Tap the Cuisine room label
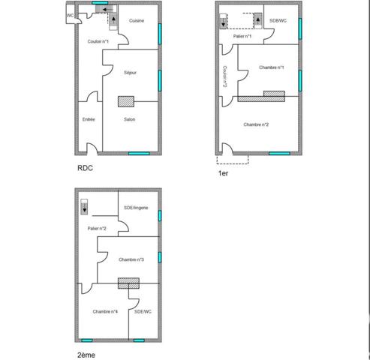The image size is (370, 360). [x=137, y=20]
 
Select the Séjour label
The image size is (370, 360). [x=130, y=73]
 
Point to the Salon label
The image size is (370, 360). [x=130, y=118]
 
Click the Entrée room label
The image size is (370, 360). [x=89, y=118]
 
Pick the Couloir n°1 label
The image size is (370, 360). [x=98, y=41]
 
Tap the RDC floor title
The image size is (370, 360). [x=85, y=169]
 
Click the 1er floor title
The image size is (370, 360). [x=223, y=173]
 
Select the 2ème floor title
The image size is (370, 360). [x=86, y=355]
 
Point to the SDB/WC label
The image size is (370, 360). [x=278, y=20]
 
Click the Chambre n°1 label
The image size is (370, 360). [x=271, y=67]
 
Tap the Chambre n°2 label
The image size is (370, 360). [x=256, y=124]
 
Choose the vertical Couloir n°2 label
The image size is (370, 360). [x=225, y=76]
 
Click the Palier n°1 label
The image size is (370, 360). [x=242, y=36]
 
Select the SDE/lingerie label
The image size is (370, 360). [x=136, y=207]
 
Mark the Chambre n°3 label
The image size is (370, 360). [x=131, y=259]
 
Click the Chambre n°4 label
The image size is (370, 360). [x=106, y=311]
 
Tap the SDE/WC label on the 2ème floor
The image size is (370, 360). [x=143, y=311]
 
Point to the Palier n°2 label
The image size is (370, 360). [x=97, y=228]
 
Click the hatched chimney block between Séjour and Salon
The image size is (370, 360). [x=125, y=100]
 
